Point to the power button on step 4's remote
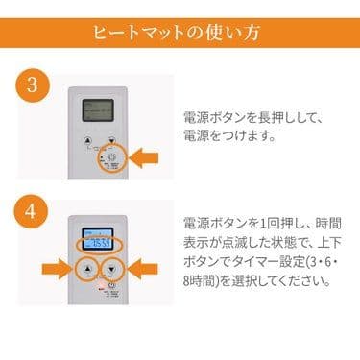click(x=112, y=285)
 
